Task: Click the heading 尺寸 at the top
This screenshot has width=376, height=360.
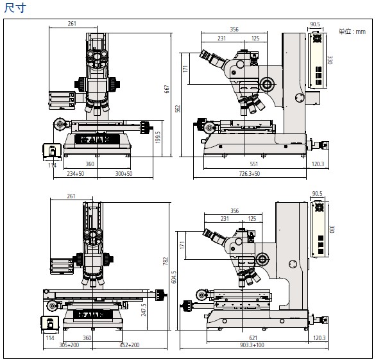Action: [15, 8]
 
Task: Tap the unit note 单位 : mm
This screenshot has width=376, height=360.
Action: [352, 31]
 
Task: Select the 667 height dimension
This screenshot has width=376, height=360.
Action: [167, 89]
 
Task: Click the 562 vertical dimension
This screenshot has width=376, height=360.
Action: [178, 108]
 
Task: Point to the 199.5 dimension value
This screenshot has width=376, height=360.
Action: [158, 137]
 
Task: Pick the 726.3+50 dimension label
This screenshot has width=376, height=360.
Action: [250, 173]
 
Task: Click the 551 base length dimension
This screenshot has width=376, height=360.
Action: [253, 164]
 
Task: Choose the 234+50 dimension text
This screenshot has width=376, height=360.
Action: [75, 173]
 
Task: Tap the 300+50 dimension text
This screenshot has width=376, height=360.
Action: [124, 173]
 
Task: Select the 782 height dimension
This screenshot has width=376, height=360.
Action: [165, 261]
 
